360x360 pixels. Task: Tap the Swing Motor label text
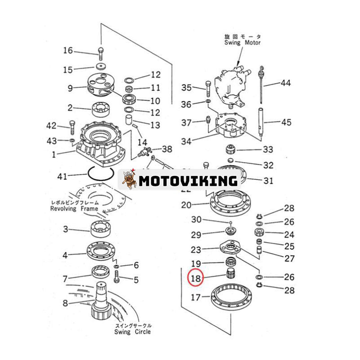tap(243, 42)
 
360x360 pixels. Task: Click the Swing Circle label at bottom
tap(132, 332)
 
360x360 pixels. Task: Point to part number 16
tap(67, 50)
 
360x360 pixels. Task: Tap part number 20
tap(186, 205)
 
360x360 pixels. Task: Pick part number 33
tap(268, 149)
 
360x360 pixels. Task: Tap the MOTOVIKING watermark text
tap(188, 180)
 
